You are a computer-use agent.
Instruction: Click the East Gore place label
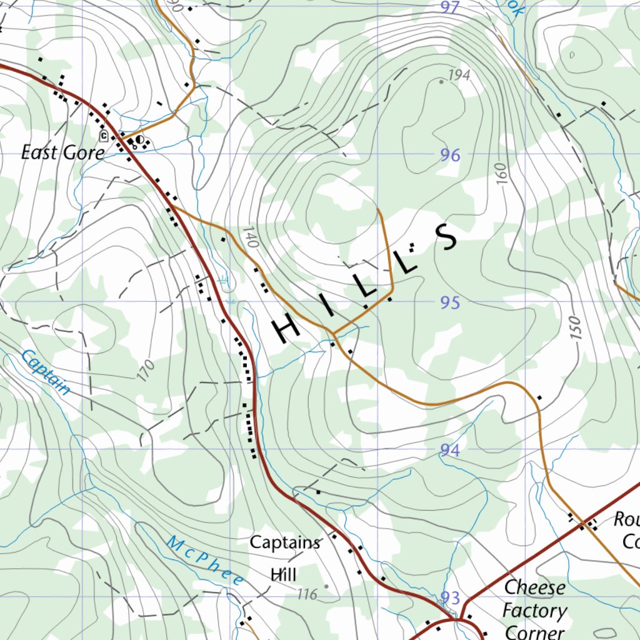coord(62,152)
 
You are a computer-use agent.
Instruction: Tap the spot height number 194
coord(459,76)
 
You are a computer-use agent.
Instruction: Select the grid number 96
coord(450,155)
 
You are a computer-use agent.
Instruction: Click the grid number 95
coord(450,303)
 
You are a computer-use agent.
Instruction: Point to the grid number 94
coord(450,450)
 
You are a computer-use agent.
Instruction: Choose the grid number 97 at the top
coord(450,7)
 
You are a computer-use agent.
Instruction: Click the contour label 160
coord(502,174)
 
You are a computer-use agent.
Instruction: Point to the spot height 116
coord(307,594)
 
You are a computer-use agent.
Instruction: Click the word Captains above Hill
coord(285,542)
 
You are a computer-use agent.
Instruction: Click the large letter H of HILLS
coord(288,328)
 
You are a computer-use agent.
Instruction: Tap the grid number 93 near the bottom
coord(450,597)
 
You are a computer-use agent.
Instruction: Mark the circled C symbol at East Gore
coord(103,134)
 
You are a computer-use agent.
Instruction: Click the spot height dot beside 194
coord(442,81)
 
